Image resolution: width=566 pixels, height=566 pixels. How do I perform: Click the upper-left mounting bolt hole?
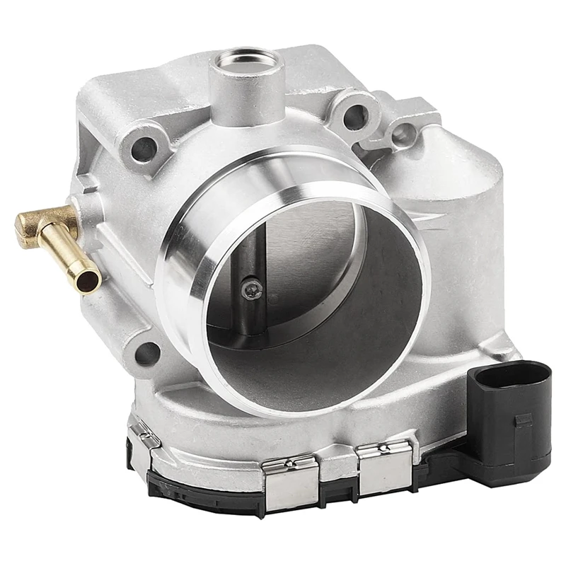click(x=144, y=148)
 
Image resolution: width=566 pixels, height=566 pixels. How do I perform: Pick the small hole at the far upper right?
click(x=404, y=134)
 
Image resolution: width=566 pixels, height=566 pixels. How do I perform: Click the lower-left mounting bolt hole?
click(x=146, y=352)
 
